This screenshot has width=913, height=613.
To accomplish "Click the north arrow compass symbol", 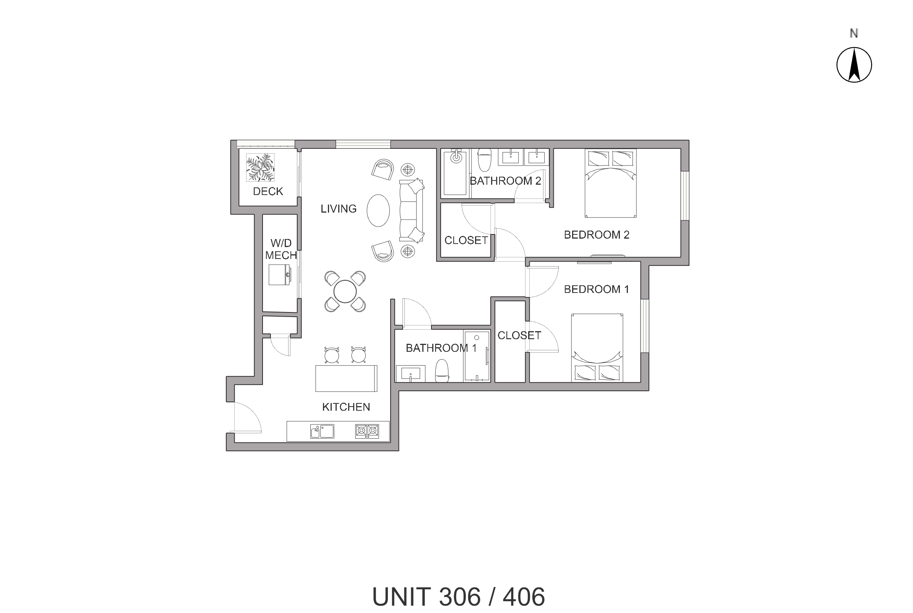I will coord(854,65).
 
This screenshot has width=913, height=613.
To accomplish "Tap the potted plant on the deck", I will coord(260,167).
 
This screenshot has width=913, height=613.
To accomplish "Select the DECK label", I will coord(268,191).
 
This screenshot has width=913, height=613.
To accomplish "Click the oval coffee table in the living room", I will coord(378,210).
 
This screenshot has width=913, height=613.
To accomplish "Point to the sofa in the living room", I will coord(411,210).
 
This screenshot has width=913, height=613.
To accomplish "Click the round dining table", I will coord(345,292).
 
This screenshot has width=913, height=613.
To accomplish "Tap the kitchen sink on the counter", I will coord(322,431).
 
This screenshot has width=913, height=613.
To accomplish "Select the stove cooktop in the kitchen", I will coord(367,431).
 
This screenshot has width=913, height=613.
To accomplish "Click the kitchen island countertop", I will coord(346,378).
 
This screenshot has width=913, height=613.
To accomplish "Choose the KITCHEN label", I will coord(346,407).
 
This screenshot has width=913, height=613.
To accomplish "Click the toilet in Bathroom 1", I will coord(442,370).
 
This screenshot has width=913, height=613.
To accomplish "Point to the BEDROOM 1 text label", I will coord(596,289).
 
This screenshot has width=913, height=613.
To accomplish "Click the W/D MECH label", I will coord(281,249).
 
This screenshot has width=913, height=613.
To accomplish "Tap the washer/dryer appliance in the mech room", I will coord(279,275).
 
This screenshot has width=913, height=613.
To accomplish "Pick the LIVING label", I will coord(338,209).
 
